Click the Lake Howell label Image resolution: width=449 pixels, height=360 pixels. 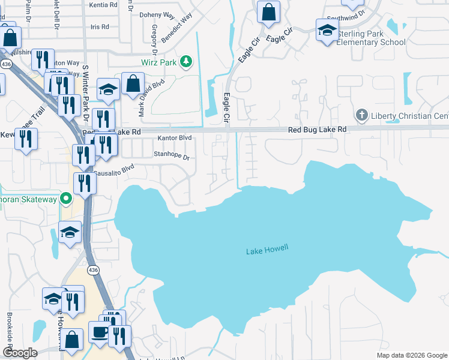coord(267,250)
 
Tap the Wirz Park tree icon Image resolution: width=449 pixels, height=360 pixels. coord(187,61)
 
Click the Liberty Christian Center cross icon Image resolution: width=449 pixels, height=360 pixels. coord(361,114)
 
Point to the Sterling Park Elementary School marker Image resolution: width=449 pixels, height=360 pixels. coord(327,31)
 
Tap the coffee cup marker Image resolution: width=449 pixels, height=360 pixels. coord(100,332)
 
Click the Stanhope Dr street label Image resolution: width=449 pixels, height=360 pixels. coord(172,157)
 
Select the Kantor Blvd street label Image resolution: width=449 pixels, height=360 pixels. coord(174,138)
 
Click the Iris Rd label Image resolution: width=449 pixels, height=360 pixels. coord(100,27)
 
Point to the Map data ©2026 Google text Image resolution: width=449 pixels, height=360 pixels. coord(412,355)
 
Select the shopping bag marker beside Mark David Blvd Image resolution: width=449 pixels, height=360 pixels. coord(133,85)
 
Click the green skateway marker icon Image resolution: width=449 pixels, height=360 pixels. coord(67,199)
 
